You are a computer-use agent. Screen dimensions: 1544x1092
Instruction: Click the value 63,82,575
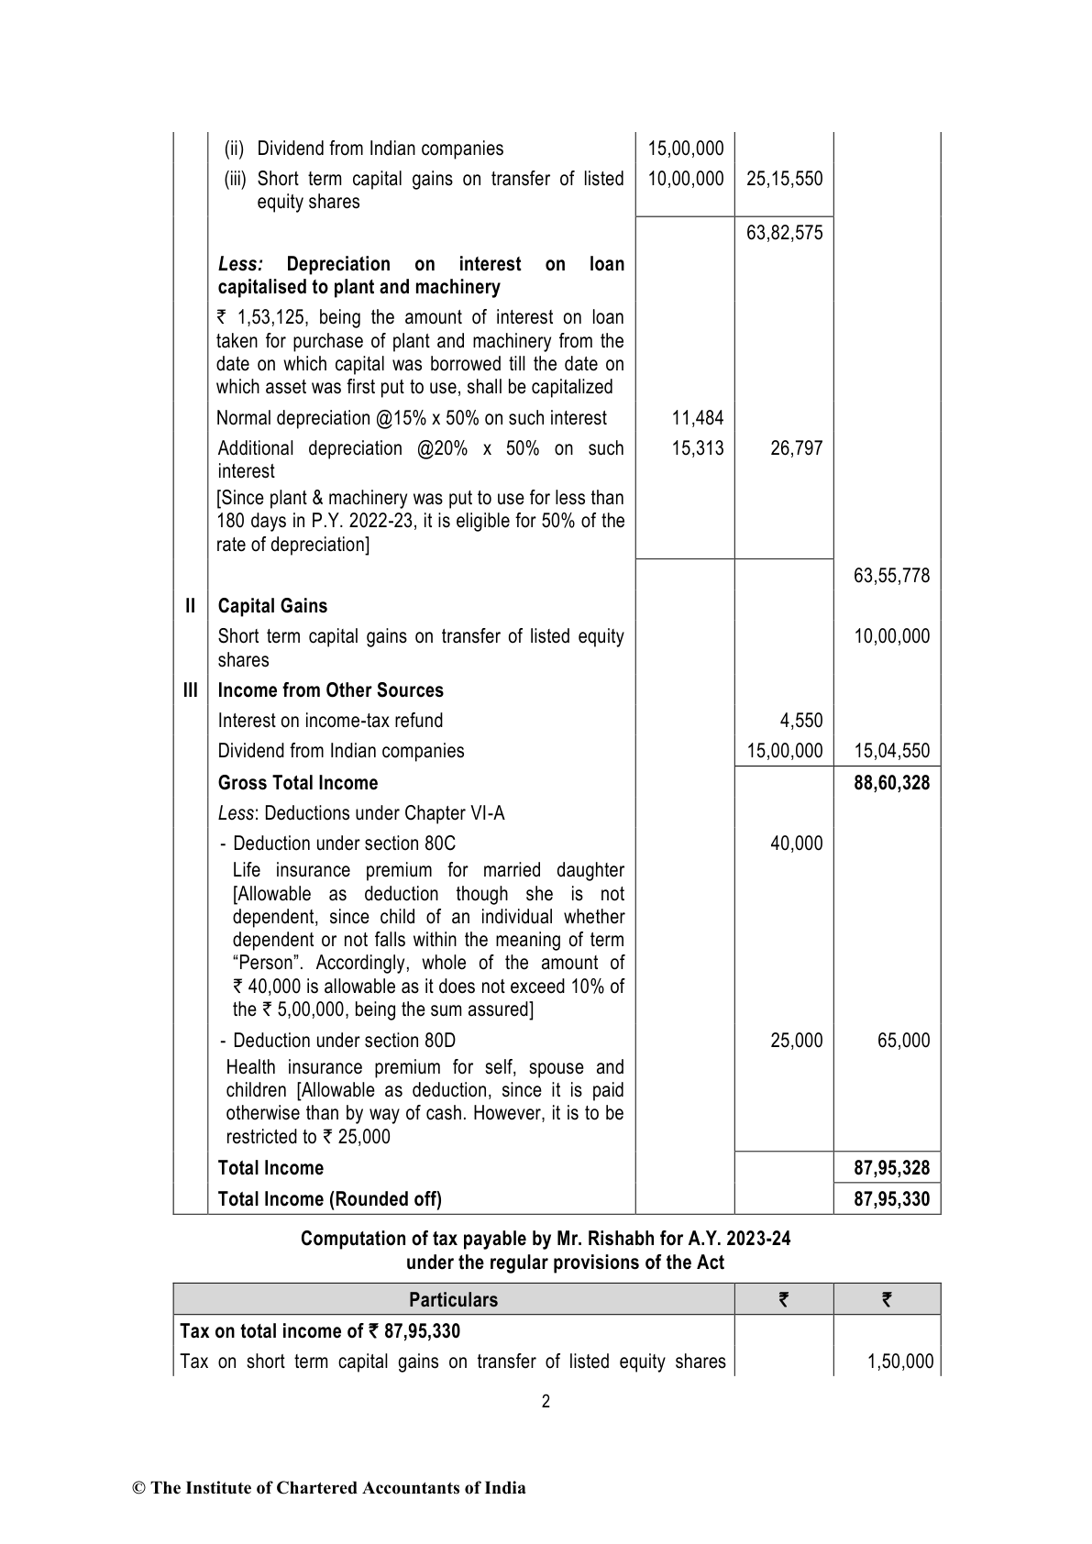tap(784, 233)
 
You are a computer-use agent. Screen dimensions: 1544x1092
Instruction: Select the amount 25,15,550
tap(784, 179)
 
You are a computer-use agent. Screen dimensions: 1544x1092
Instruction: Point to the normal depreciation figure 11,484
tap(697, 418)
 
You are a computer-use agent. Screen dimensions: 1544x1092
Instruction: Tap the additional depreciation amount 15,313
tap(697, 448)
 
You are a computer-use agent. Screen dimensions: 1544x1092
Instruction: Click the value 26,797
tap(796, 448)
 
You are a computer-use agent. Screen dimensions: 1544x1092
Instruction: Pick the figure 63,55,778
tap(891, 576)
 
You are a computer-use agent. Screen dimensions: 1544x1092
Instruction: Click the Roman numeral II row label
tap(190, 606)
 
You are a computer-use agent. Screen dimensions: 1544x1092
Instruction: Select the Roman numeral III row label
tap(190, 690)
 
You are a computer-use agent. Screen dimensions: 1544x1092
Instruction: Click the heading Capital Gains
tap(272, 606)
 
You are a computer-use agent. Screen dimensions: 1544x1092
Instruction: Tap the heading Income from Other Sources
tap(330, 690)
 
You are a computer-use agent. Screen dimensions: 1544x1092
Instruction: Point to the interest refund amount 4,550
tap(801, 721)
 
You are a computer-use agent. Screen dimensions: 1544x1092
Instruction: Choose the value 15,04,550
tap(891, 751)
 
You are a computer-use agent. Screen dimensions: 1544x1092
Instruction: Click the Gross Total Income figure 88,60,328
tap(891, 783)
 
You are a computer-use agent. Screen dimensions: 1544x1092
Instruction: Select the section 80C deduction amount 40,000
tap(796, 844)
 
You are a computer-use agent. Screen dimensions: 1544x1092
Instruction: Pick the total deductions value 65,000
tap(903, 1041)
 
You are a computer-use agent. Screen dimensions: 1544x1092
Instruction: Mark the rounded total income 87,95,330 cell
tap(891, 1199)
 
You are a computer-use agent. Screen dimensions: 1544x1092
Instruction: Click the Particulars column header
tap(453, 1300)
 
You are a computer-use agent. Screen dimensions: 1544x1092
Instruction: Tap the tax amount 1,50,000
tap(900, 1362)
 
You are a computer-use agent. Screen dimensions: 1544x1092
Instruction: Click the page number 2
tap(546, 1401)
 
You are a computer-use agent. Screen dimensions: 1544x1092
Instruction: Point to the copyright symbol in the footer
tap(139, 1489)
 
